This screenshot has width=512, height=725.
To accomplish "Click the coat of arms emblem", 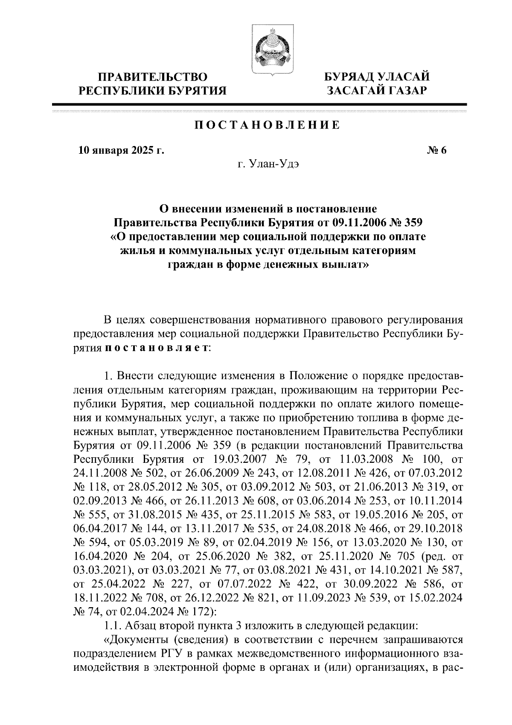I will (269, 51).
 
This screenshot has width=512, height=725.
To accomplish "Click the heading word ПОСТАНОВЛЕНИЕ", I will (268, 126).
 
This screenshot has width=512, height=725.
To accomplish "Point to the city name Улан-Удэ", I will (275, 165).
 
